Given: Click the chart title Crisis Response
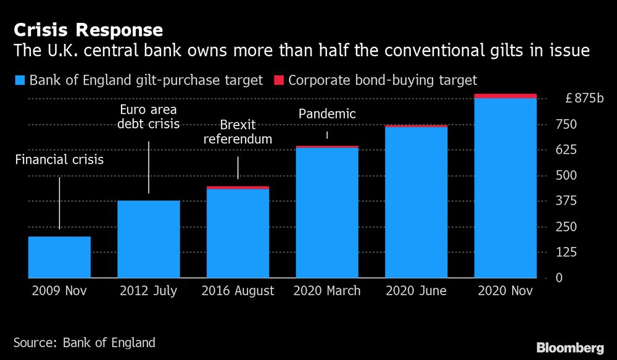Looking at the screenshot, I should pyautogui.click(x=89, y=30).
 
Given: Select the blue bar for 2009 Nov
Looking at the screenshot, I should pyautogui.click(x=59, y=257).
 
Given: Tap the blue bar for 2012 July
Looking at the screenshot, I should pyautogui.click(x=149, y=239).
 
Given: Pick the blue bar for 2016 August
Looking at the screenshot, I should pyautogui.click(x=238, y=233).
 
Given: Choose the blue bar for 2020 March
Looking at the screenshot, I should pyautogui.click(x=327, y=213).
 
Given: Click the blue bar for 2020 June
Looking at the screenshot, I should pyautogui.click(x=416, y=202).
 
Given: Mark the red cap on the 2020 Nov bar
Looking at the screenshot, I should pyautogui.click(x=505, y=96).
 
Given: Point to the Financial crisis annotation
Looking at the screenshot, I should pyautogui.click(x=59, y=161).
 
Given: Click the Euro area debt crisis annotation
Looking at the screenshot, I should pyautogui.click(x=149, y=117).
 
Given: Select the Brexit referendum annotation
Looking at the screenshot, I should pyautogui.click(x=238, y=133).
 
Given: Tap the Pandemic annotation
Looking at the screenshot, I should pyautogui.click(x=327, y=114).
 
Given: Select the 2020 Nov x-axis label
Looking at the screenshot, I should pyautogui.click(x=505, y=291).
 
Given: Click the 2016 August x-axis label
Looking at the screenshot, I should pyautogui.click(x=238, y=291).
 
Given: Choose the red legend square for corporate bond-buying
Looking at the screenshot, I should pyautogui.click(x=278, y=80).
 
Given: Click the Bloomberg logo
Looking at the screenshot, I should pyautogui.click(x=570, y=347).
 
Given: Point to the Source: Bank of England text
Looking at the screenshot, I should pyautogui.click(x=85, y=342).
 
